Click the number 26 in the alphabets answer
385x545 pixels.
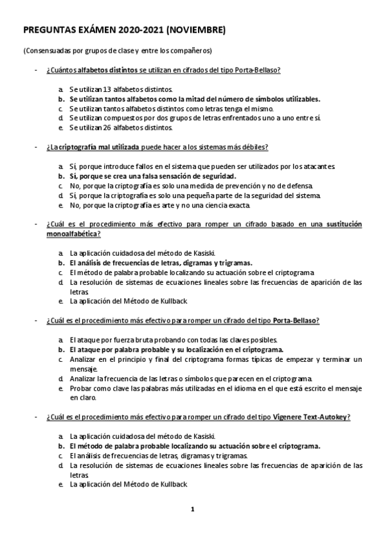tap(98, 127)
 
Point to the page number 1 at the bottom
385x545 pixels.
tap(192, 510)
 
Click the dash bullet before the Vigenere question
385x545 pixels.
tap(37, 418)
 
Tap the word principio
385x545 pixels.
tap(141, 358)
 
